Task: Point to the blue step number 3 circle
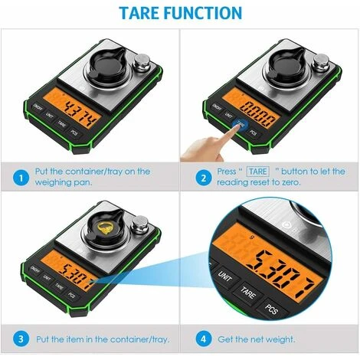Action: [16, 338]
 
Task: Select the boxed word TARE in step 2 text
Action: [258, 171]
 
